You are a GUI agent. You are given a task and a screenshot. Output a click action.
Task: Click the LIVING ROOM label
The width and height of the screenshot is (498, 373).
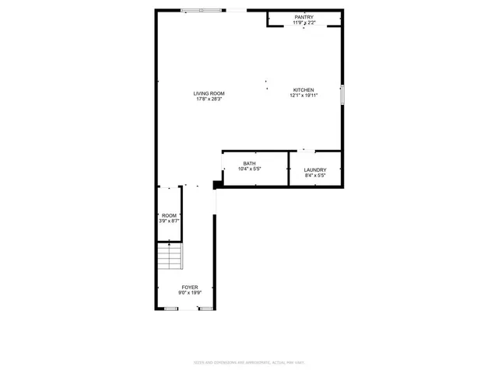209,94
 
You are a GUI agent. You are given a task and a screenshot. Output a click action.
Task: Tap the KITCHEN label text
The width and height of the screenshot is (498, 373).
303,89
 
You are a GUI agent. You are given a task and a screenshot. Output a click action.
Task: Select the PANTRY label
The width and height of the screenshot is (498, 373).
304,17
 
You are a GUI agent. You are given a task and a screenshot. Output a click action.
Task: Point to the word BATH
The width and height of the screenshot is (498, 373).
249,163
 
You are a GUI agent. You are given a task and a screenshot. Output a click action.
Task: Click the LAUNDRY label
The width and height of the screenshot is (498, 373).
315,170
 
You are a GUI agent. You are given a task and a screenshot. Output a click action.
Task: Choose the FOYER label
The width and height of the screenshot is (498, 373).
190,287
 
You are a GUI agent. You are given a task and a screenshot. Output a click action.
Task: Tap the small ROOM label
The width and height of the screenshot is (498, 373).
169,215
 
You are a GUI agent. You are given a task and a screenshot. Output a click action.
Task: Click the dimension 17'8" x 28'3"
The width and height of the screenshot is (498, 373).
209,99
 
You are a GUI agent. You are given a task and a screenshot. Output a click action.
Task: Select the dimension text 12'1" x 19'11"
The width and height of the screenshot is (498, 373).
303,95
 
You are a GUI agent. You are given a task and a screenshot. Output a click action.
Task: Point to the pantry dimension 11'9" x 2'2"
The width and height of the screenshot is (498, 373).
304,23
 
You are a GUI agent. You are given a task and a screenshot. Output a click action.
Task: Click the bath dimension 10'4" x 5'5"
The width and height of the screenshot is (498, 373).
249,169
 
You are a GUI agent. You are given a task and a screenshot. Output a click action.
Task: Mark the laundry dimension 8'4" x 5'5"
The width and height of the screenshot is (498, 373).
315,176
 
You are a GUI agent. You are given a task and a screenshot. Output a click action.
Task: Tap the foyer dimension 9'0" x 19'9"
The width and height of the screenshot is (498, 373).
190,292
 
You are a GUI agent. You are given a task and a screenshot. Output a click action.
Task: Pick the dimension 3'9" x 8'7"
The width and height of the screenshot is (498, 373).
169,221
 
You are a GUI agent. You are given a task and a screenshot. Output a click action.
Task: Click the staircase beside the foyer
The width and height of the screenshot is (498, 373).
169,257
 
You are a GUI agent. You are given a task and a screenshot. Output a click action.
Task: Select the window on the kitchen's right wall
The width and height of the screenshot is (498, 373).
342,94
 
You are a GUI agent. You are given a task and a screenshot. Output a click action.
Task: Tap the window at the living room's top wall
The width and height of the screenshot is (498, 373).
202,10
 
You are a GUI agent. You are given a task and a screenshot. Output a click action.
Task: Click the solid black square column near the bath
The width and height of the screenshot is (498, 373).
216,185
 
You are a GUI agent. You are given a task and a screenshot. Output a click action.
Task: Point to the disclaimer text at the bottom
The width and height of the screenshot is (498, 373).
249,363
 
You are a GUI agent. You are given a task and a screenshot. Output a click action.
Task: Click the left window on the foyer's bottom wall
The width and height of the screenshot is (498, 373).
170,309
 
